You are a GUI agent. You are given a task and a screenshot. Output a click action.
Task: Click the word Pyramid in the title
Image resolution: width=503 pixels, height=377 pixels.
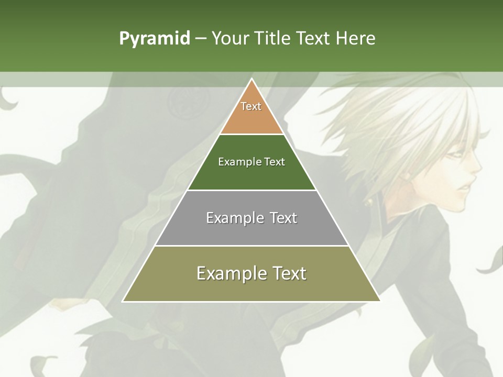click(x=155, y=39)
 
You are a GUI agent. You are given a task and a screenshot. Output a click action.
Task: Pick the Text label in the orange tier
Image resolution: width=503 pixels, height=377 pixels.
click(x=251, y=106)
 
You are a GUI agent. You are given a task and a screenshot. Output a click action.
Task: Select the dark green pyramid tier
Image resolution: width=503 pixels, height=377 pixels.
click(x=251, y=175)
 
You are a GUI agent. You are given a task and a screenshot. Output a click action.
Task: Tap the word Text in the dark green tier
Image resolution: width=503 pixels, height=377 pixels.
click(x=275, y=162)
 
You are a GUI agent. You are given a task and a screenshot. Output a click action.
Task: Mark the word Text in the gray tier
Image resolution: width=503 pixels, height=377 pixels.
click(x=283, y=218)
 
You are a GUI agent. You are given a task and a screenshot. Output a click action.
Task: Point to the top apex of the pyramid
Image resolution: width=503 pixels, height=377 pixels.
click(x=251, y=80)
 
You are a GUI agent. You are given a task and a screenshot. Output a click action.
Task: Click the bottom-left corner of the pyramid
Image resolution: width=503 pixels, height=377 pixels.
click(x=124, y=301)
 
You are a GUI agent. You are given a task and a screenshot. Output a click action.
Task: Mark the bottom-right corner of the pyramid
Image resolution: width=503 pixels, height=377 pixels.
click(x=379, y=301)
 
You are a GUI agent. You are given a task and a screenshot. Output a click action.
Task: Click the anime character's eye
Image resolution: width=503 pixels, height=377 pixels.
click(x=455, y=155)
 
